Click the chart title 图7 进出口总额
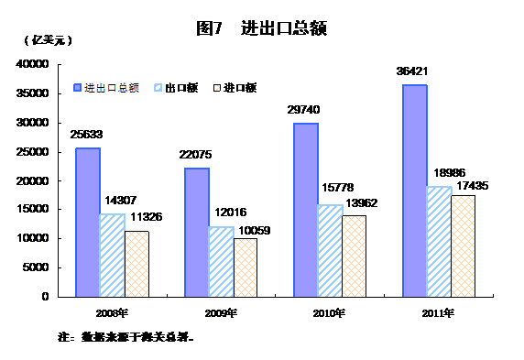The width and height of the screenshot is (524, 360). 262,28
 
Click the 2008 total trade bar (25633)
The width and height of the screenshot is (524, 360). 88,222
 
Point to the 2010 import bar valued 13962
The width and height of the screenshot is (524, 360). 354,256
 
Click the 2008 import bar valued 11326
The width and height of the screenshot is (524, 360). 136,263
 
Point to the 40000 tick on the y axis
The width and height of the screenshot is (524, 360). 33,65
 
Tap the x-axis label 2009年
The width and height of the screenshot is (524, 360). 221,313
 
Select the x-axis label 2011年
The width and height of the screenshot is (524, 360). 438,313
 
